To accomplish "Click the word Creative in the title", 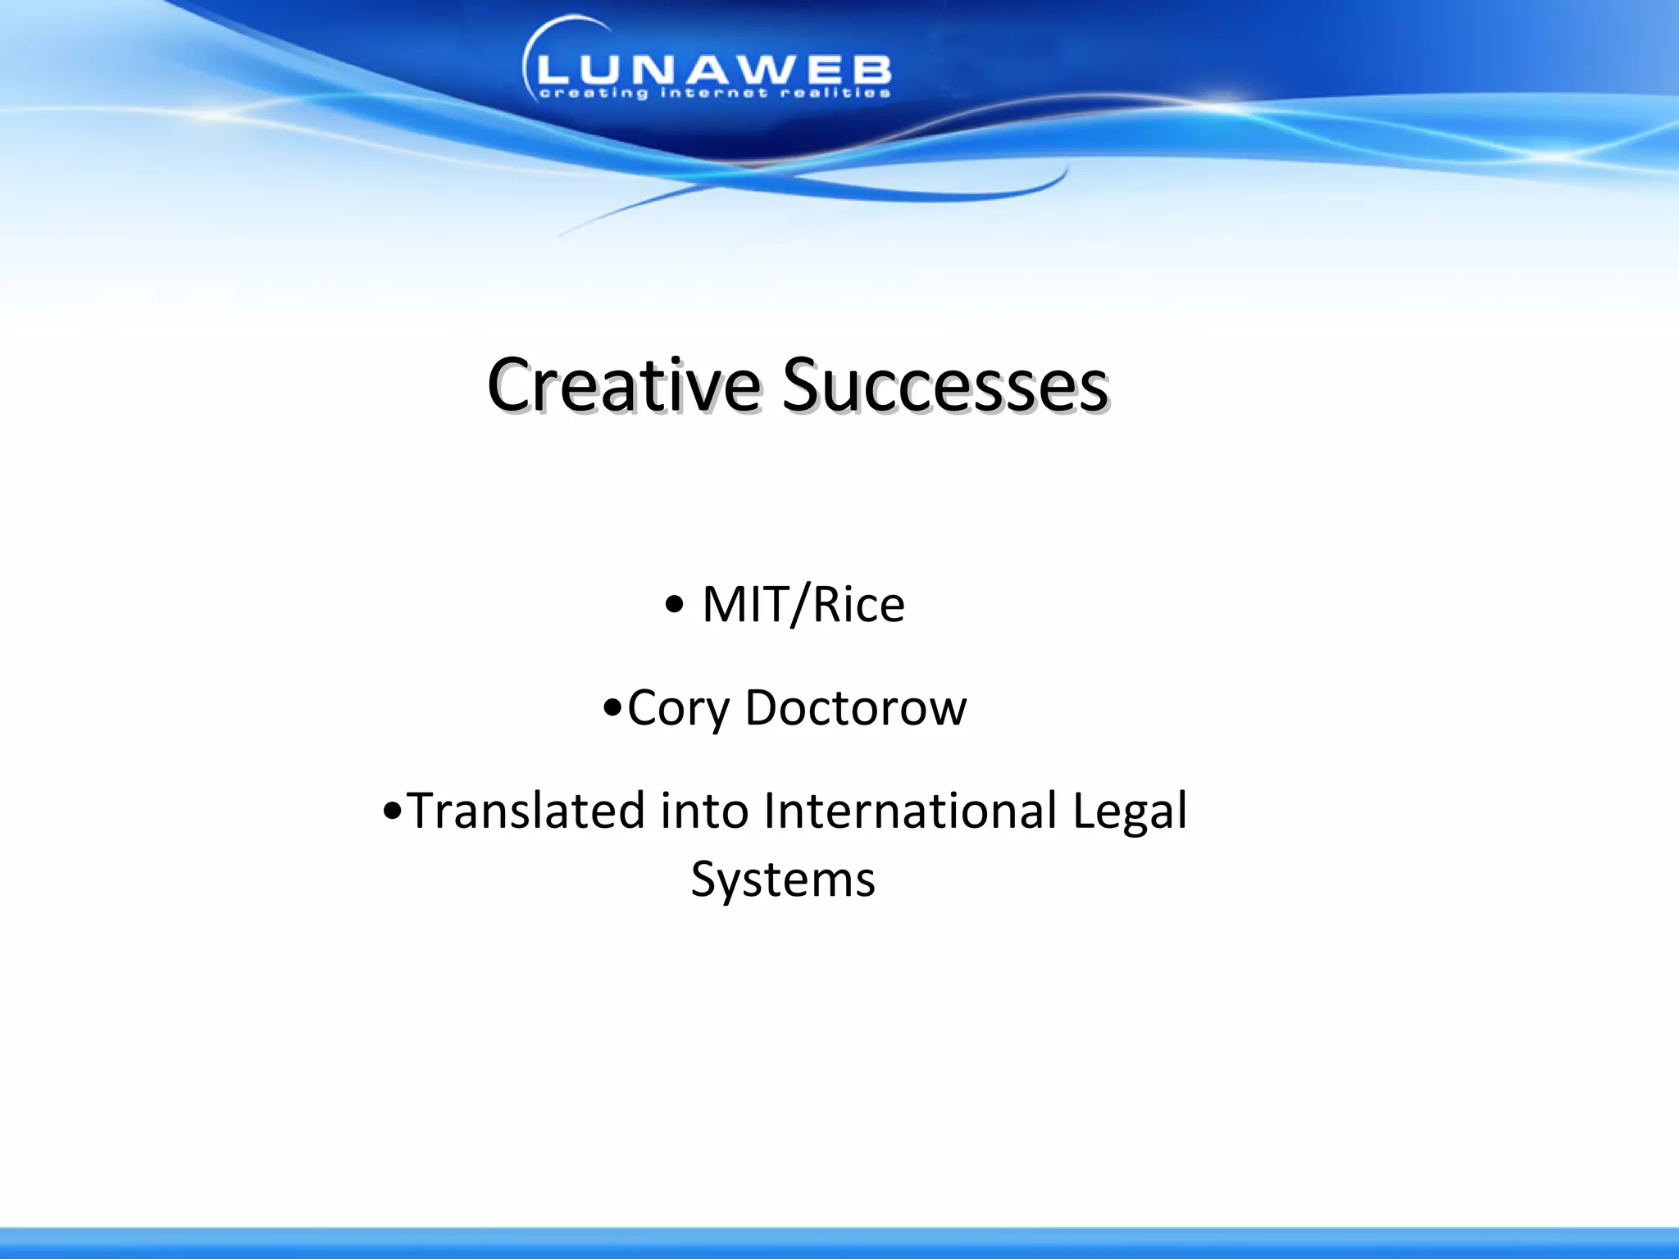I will coord(623,385).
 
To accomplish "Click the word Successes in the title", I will coord(944,385).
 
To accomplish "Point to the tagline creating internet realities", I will coord(713,93).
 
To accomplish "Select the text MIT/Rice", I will coord(803,605).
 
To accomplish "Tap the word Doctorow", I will coord(855,707).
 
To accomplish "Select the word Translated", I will coord(526,811).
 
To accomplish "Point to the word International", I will coord(910,811).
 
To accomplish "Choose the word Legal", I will coord(1130,812).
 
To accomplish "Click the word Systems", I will coord(783,880).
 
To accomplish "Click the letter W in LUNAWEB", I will coord(770,70).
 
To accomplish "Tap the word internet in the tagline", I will coord(714,93).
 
